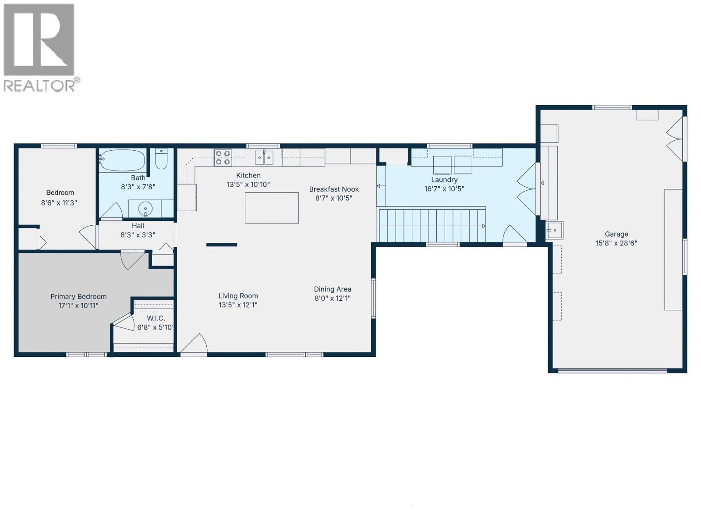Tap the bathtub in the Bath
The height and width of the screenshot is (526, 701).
click(122, 161)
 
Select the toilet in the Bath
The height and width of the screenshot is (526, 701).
click(161, 159)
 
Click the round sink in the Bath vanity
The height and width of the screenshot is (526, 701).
click(145, 209)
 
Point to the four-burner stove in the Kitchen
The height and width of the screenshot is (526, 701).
click(223, 158)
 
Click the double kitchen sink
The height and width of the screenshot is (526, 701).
click(264, 157)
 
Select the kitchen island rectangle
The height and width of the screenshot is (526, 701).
click(272, 208)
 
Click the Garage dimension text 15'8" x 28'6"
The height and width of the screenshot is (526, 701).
click(616, 243)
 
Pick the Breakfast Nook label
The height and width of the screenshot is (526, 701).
click(334, 189)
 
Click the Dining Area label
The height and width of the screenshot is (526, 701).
click(333, 289)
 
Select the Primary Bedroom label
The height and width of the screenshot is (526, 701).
click(78, 297)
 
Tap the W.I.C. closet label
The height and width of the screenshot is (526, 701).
click(156, 318)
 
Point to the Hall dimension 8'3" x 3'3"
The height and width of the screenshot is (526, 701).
click(138, 235)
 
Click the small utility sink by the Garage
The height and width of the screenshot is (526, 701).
click(554, 230)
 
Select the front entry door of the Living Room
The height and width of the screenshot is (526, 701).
click(194, 344)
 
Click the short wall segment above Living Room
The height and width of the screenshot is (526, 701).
click(222, 245)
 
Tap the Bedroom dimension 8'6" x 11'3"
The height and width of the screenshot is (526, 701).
click(59, 203)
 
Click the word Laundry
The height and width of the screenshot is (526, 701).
click(444, 180)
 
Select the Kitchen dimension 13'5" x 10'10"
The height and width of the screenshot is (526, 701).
click(248, 185)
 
